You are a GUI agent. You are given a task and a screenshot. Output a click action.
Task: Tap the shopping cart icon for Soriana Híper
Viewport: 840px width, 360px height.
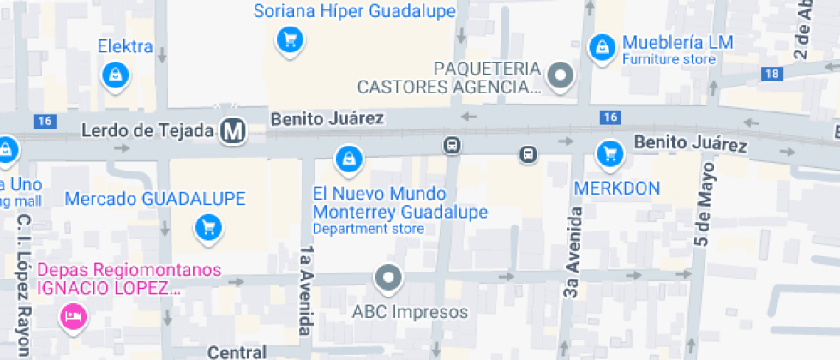(291, 39)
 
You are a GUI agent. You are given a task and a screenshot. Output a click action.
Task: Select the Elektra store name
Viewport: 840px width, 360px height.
(125, 46)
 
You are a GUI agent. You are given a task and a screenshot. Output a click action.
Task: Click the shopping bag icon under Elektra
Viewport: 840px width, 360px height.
(114, 75)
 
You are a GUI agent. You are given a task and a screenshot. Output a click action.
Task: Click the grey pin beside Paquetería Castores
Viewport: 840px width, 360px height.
(561, 75)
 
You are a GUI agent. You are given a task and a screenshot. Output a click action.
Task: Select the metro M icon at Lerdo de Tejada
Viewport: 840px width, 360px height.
(232, 131)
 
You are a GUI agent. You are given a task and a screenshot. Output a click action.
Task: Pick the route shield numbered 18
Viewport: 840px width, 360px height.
(771, 74)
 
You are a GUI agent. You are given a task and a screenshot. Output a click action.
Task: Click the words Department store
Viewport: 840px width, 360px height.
(368, 229)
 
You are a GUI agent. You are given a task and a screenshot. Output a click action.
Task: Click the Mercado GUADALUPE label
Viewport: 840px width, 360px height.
(155, 199)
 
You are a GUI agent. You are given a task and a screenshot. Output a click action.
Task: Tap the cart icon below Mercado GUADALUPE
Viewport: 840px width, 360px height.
(207, 227)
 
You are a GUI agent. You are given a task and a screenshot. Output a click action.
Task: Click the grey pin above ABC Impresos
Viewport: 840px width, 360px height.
(389, 278)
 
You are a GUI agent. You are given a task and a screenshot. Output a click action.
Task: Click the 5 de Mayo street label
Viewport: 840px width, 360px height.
(704, 205)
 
